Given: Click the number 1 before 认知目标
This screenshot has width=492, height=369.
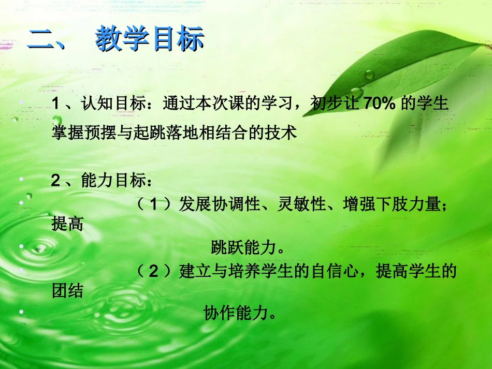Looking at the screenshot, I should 56,104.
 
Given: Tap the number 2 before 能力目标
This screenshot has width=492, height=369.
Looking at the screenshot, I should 56,181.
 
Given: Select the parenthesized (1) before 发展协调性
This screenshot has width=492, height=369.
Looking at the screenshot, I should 153,204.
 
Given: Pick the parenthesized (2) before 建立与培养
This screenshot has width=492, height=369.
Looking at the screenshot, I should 153,271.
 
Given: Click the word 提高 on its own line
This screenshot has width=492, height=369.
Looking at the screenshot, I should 67,224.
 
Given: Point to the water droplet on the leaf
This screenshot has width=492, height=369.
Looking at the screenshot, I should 369,75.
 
